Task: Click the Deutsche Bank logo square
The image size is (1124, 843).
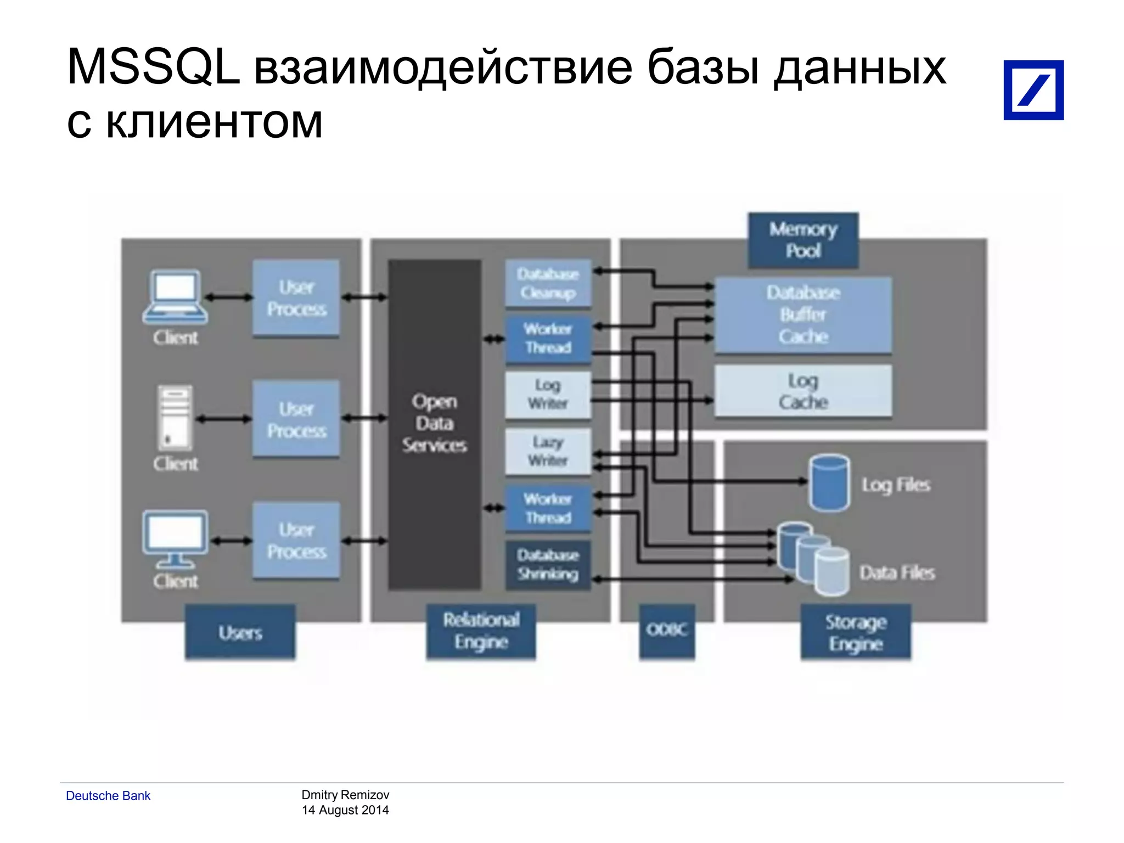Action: pyautogui.click(x=1033, y=90)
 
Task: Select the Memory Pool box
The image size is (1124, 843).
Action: pyautogui.click(x=803, y=240)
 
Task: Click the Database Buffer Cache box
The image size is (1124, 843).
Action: pyautogui.click(x=803, y=315)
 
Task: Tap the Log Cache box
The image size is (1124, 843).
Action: pyautogui.click(x=803, y=391)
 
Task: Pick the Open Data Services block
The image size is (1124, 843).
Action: pyautogui.click(x=435, y=424)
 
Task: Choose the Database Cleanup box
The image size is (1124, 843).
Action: pyautogui.click(x=548, y=283)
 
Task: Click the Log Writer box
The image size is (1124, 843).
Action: pyautogui.click(x=548, y=395)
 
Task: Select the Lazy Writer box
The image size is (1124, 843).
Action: pyautogui.click(x=548, y=451)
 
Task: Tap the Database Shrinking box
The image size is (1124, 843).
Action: pyautogui.click(x=548, y=565)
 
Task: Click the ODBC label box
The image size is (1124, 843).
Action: pyautogui.click(x=666, y=630)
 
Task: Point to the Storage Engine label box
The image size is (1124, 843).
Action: pyautogui.click(x=855, y=632)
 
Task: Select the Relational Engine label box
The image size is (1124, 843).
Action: pyautogui.click(x=481, y=631)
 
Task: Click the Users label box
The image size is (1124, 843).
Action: pyautogui.click(x=240, y=632)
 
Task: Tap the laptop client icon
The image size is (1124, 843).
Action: pyautogui.click(x=175, y=297)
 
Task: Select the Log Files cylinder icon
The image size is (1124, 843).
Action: pyautogui.click(x=829, y=483)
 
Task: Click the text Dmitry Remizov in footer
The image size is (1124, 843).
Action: pyautogui.click(x=345, y=795)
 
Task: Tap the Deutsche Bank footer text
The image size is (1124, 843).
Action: pyautogui.click(x=108, y=796)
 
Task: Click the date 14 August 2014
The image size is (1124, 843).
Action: pyautogui.click(x=345, y=810)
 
